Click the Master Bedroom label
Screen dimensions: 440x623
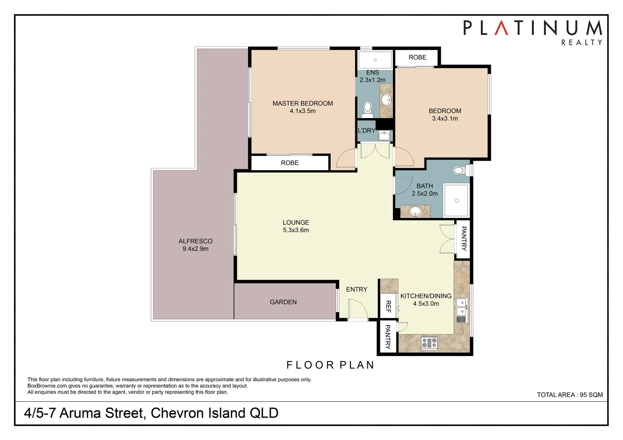click(x=303, y=103)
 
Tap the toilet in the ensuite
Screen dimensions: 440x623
click(x=368, y=109)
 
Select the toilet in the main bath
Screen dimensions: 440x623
click(x=460, y=170)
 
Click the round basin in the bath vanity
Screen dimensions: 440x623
click(x=415, y=211)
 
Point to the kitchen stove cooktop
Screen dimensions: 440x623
click(x=429, y=342)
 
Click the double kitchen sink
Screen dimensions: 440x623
click(x=462, y=306)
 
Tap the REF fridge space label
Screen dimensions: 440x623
click(x=388, y=306)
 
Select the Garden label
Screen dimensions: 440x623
click(x=283, y=302)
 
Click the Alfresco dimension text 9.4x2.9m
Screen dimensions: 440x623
click(x=195, y=249)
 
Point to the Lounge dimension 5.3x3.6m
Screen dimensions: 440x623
click(x=296, y=230)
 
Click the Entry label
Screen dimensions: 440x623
click(x=356, y=289)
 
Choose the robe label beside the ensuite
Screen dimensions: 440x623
click(x=418, y=57)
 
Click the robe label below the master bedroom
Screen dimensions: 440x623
click(x=289, y=163)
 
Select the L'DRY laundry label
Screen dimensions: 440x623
click(x=366, y=130)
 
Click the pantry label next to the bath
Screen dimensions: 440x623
click(x=464, y=239)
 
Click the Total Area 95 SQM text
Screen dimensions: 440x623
click(x=569, y=394)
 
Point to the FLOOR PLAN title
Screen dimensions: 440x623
click(x=330, y=365)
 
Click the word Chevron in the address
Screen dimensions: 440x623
click(x=177, y=413)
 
